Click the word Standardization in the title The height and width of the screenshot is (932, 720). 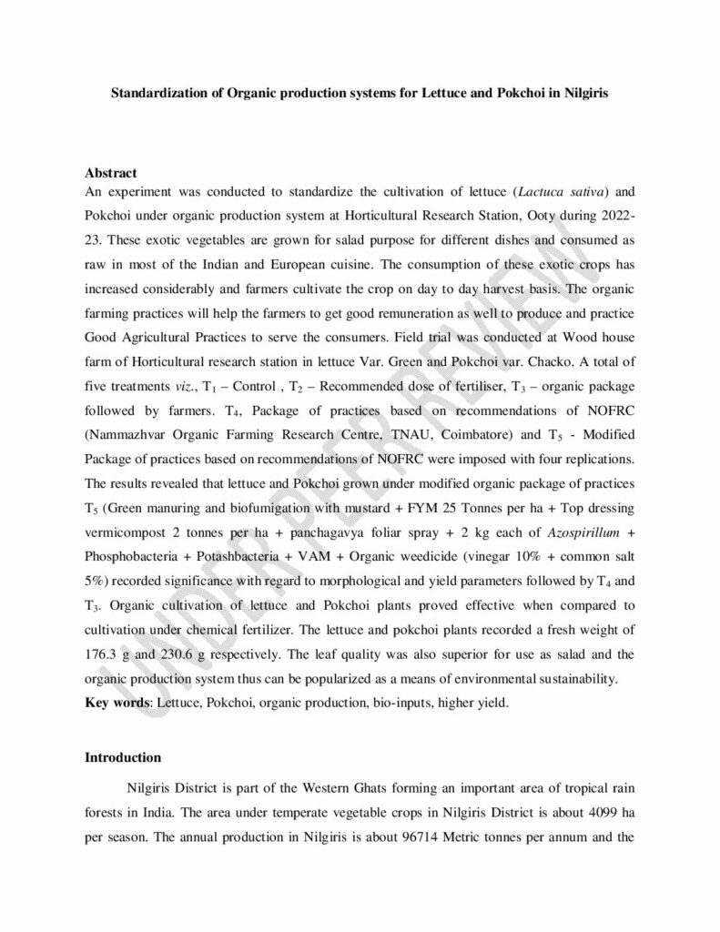pos(155,93)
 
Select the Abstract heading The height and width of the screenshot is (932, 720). pos(111,173)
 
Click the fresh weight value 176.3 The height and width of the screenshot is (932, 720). pos(100,645)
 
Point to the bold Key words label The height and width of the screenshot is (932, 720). pos(116,702)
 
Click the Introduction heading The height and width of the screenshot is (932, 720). pos(123,757)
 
